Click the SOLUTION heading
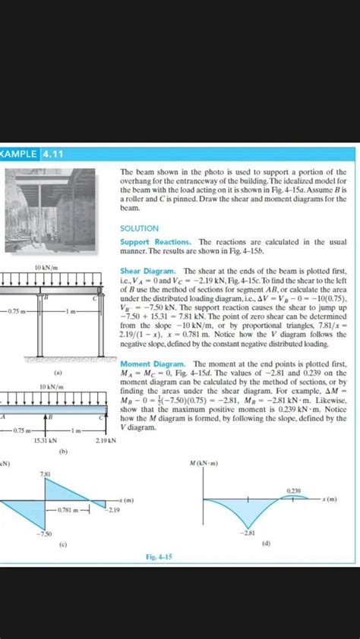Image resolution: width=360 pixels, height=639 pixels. [x=139, y=228]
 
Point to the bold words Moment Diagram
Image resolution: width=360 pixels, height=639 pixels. [x=149, y=364]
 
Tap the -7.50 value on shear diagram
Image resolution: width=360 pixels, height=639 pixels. [x=45, y=535]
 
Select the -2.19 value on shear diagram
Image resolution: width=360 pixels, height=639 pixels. [x=113, y=509]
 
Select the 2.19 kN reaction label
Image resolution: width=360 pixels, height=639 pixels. [x=105, y=440]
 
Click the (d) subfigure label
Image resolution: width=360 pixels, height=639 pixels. [x=265, y=544]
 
